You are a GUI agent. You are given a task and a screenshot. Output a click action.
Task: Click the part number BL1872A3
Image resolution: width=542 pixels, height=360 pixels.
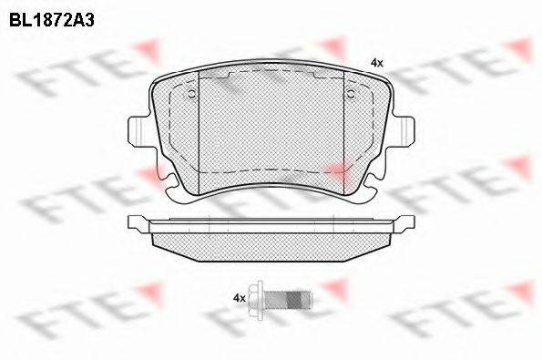click(x=52, y=20)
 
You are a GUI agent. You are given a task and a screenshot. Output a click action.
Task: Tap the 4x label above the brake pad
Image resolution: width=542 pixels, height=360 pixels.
click(x=377, y=63)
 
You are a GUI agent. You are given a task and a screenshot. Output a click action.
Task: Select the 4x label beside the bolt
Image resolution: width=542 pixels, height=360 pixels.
click(x=240, y=298)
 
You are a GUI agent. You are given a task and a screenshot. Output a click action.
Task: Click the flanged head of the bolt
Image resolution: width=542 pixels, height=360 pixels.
click(x=257, y=298)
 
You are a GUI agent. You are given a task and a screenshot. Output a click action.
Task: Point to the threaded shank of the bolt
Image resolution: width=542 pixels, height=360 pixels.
click(x=289, y=298)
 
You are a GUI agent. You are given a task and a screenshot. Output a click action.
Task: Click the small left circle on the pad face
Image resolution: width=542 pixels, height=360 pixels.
click(x=191, y=93)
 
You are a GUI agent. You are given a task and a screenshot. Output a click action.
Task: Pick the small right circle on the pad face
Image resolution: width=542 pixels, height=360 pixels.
click(x=352, y=93)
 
